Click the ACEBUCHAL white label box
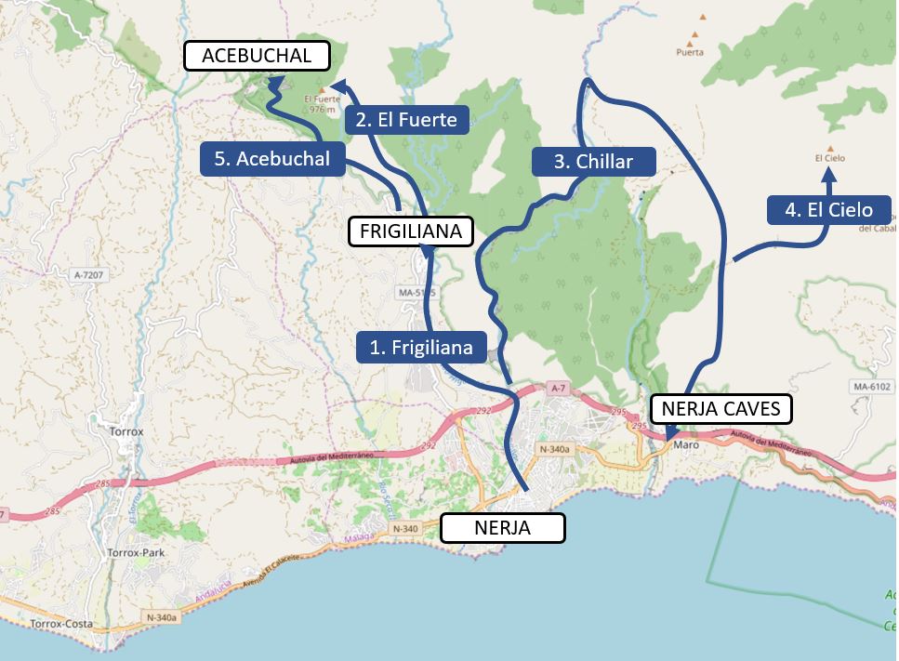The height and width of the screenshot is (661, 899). click(257, 56)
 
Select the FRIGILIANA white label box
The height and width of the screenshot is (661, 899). click(410, 231)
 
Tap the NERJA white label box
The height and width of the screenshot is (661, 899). click(502, 528)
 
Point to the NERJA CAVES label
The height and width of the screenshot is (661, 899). click(721, 409)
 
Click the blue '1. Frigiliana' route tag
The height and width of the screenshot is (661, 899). click(421, 348)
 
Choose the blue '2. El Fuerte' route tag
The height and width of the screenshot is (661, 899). click(407, 119)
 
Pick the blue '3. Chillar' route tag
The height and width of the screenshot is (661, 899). click(593, 161)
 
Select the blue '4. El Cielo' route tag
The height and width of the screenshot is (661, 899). click(828, 209)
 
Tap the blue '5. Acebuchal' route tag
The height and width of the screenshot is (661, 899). click(271, 159)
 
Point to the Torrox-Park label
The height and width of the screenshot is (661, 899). click(135, 552)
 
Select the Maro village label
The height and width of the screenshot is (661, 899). click(686, 444)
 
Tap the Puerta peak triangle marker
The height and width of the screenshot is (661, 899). click(691, 40)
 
